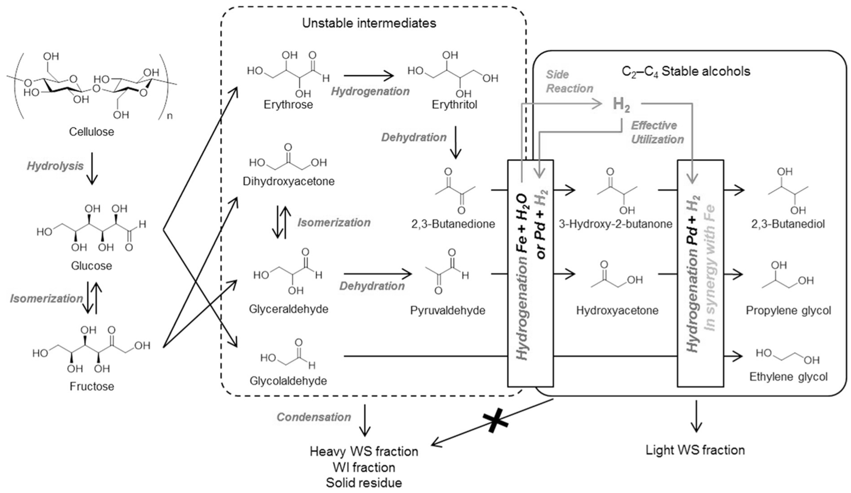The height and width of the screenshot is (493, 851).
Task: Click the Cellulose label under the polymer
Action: (92, 132)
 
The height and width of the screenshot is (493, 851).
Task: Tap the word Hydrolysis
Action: (55, 166)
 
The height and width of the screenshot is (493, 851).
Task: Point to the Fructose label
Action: (92, 386)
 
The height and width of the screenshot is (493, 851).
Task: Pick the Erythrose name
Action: (288, 104)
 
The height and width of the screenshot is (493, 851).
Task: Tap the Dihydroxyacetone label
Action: (288, 181)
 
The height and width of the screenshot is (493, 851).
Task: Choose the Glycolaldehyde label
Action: (288, 381)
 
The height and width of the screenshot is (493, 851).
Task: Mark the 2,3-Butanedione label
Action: (453, 223)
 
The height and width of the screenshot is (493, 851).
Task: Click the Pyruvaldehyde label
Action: (448, 310)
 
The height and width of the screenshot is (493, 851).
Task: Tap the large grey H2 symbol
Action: (621, 104)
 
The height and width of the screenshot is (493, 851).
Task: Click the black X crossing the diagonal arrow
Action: (495, 423)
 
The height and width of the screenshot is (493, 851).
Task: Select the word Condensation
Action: (314, 417)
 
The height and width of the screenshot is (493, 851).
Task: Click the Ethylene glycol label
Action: (788, 377)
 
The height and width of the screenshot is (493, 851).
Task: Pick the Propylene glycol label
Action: (788, 310)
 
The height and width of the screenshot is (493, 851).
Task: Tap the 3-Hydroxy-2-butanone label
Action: (615, 224)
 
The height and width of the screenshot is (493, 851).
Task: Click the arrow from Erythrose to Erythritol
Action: (369, 76)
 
